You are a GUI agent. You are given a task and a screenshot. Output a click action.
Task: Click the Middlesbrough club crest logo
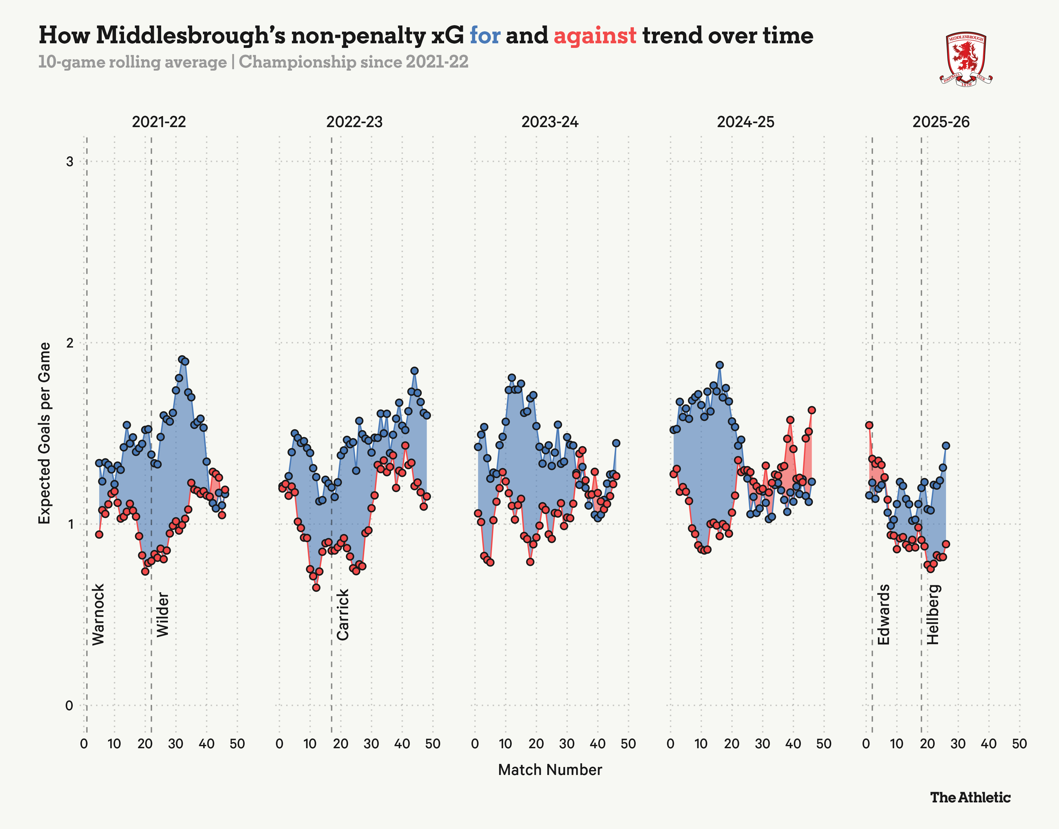click(x=966, y=60)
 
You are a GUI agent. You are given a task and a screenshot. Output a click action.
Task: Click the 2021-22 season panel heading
click(x=159, y=122)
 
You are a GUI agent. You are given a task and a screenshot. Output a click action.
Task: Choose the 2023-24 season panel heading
click(x=550, y=122)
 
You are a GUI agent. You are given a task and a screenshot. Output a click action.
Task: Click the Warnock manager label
click(x=99, y=614)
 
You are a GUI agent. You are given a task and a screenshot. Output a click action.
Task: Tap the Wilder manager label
click(x=162, y=614)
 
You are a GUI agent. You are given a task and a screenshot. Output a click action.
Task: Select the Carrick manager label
click(x=343, y=614)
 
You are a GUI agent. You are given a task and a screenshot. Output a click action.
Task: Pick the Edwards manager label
click(x=884, y=614)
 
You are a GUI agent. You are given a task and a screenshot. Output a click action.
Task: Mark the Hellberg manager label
click(x=933, y=614)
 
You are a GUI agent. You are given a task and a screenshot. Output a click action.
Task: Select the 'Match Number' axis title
click(x=550, y=770)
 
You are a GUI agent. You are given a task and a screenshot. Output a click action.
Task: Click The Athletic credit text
click(x=970, y=797)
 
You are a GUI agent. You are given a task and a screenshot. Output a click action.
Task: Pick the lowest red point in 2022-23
click(x=316, y=587)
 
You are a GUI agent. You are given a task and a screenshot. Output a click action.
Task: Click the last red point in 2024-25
click(x=812, y=410)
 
